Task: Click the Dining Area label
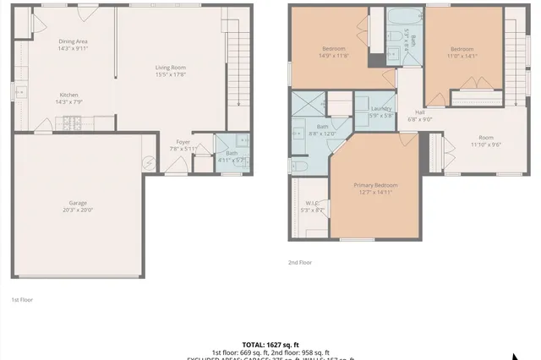(74, 41)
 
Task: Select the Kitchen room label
(69, 95)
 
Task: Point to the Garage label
(78, 202)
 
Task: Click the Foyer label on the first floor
(183, 142)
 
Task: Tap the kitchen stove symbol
(71, 124)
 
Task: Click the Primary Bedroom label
(374, 185)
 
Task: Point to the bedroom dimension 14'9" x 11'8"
(335, 56)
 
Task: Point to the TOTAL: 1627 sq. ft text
(270, 345)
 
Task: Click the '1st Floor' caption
(22, 299)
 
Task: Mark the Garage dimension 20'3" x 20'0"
(78, 210)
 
